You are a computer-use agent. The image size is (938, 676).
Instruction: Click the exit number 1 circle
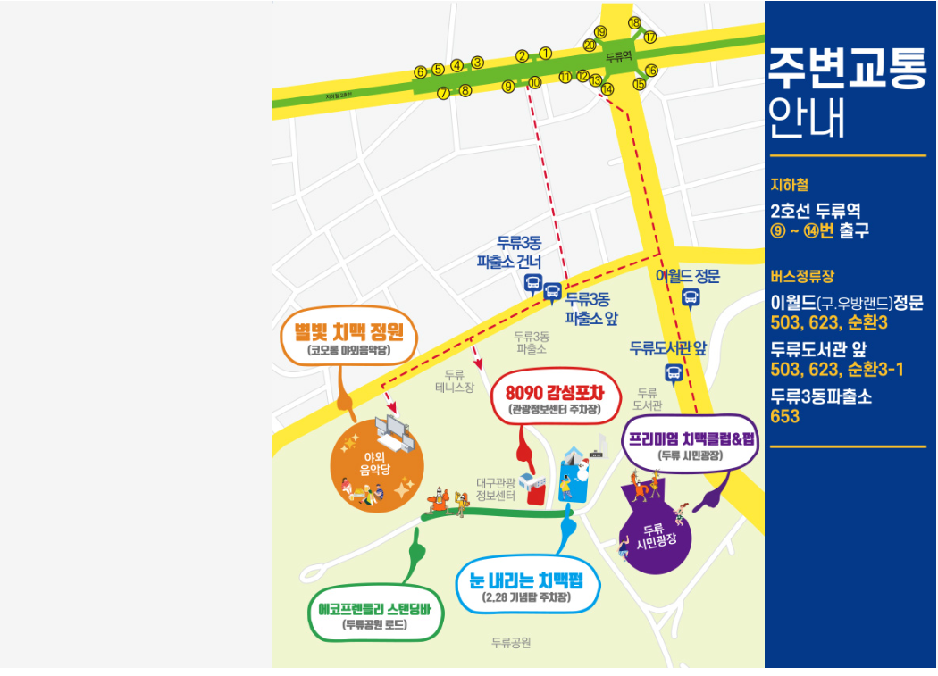[546, 54]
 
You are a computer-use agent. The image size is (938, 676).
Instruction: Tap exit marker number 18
[634, 22]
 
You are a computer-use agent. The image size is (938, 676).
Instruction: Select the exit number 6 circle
[420, 71]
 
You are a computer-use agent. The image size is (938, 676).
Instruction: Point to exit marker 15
[639, 84]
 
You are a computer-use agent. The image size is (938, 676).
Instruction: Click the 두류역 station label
[618, 56]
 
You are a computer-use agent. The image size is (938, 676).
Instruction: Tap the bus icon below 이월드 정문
[690, 298]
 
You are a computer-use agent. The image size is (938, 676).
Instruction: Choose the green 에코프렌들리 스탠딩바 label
[375, 615]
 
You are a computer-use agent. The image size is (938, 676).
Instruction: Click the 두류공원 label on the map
[511, 642]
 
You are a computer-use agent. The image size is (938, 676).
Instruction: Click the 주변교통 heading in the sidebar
[846, 70]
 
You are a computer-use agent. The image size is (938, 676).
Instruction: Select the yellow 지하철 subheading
[789, 185]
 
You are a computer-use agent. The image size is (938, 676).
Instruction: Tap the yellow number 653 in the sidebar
[785, 416]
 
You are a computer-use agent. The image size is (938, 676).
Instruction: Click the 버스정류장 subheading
[801, 277]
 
